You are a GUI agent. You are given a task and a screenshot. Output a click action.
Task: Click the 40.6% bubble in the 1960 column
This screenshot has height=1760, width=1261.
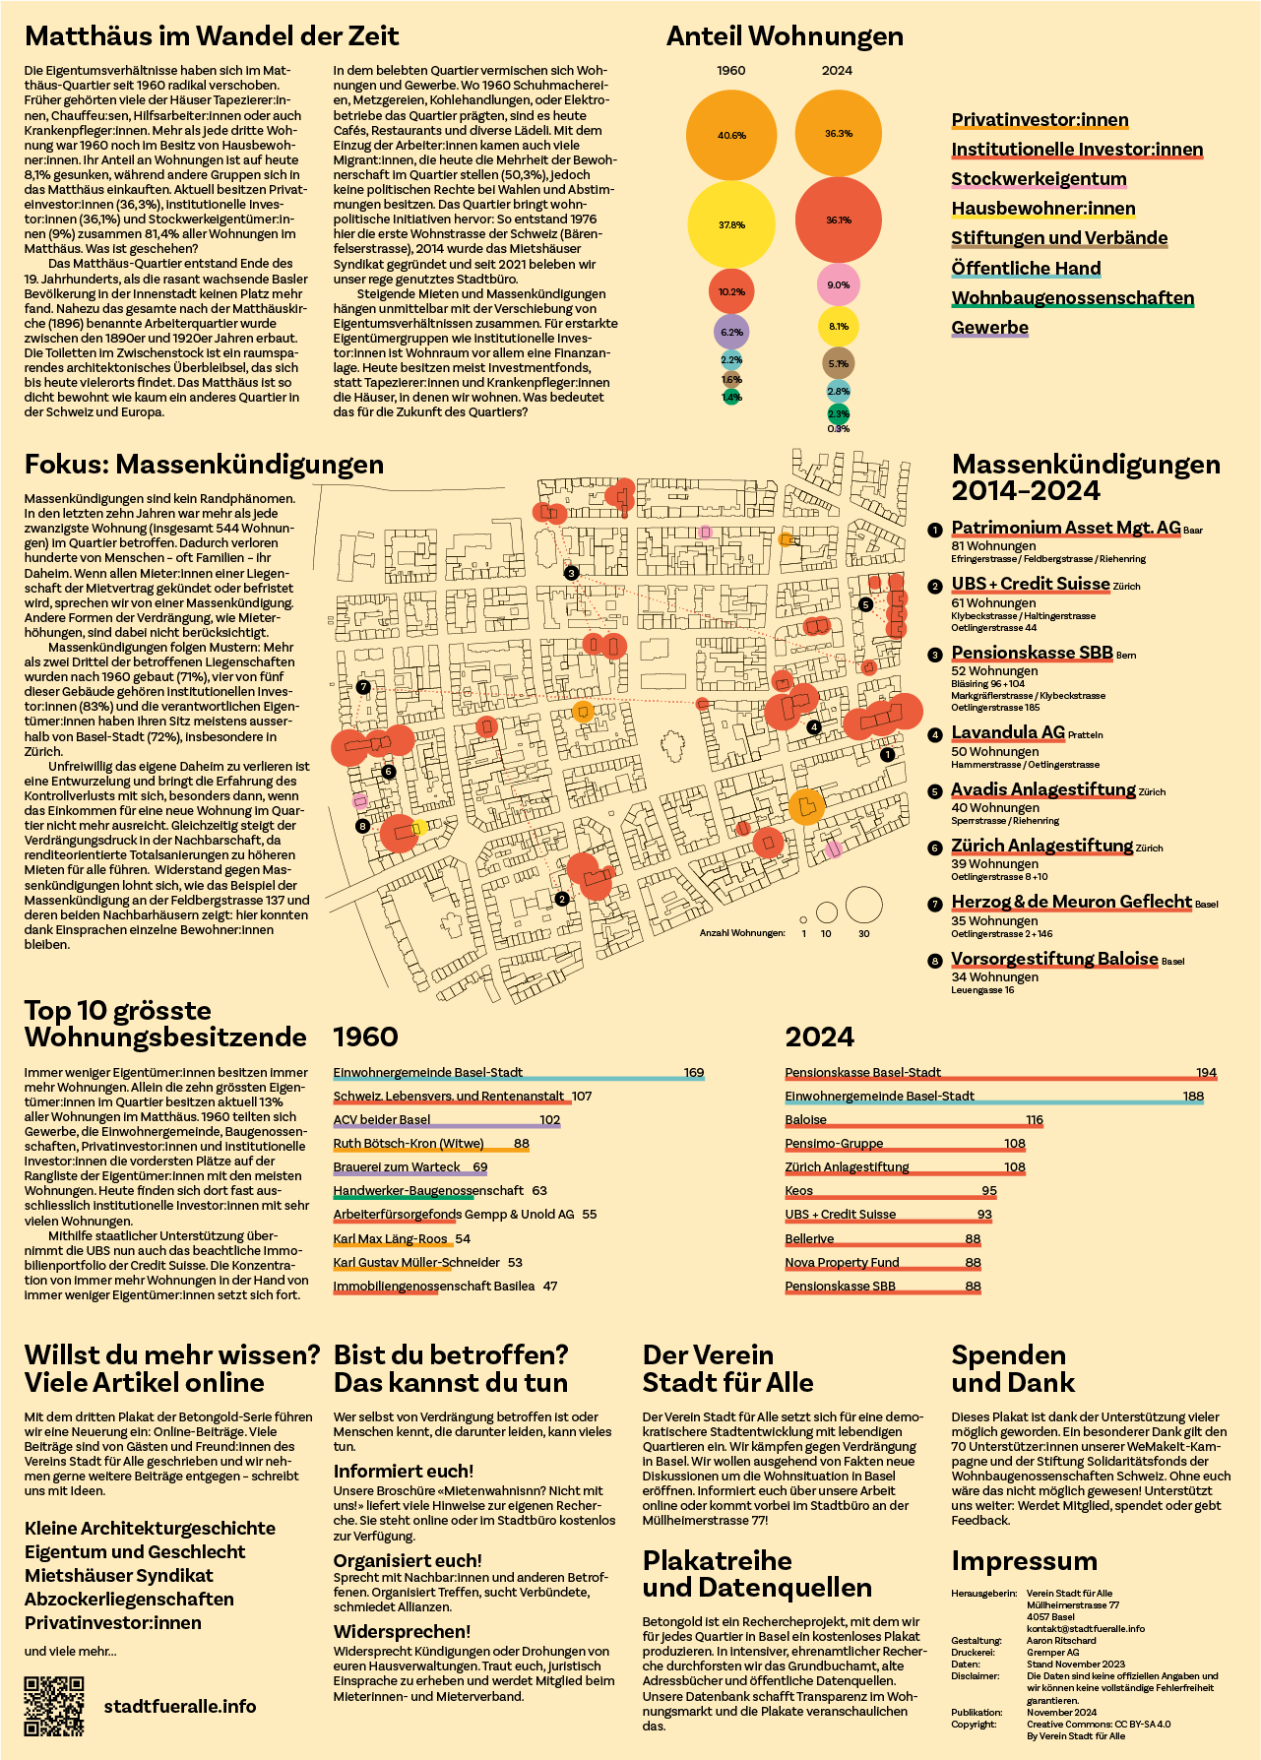pos(731,135)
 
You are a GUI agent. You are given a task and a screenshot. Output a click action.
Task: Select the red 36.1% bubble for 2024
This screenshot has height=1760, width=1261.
pos(839,220)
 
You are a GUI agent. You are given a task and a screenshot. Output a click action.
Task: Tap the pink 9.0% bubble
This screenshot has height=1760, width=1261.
pos(839,284)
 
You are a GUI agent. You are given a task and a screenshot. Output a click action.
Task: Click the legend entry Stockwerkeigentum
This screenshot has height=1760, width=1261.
pos(1039,179)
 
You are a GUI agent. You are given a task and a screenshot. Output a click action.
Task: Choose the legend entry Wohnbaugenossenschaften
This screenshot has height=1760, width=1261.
pos(1073,298)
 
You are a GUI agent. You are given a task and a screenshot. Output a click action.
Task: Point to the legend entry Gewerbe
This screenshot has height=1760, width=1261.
pos(989,328)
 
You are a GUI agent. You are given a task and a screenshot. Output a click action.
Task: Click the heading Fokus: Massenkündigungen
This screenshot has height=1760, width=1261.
pos(204,464)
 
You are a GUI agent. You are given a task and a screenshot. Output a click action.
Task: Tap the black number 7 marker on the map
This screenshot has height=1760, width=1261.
pos(363,687)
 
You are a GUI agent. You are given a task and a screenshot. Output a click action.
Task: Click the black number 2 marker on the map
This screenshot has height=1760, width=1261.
pos(562,899)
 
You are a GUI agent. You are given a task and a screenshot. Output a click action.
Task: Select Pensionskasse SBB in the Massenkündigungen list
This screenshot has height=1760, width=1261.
pos(1032,653)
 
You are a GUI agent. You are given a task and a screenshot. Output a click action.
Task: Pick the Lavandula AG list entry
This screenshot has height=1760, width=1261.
pos(1008,732)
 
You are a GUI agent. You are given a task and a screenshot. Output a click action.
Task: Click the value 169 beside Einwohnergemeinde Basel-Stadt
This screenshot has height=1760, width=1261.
pos(694,1073)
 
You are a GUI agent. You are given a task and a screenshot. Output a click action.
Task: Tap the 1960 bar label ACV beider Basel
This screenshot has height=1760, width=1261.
pos(382,1120)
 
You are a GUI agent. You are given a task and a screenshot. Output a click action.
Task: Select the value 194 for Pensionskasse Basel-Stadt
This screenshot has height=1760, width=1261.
pos(1206,1073)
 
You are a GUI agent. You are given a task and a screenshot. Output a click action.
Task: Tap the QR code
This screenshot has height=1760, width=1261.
pos(54,1706)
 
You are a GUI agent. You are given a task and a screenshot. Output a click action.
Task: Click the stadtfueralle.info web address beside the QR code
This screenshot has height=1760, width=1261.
pos(180,1707)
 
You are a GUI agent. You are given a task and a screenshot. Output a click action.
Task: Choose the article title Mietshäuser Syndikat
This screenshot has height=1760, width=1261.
pos(119,1576)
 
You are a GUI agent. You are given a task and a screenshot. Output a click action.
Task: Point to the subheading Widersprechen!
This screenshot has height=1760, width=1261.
pos(402,1632)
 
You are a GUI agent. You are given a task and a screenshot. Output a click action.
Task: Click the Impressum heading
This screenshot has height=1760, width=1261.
pos(1024,1562)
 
